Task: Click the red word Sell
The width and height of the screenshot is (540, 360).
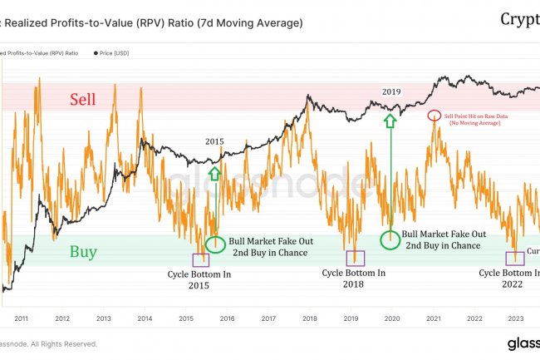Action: click(x=82, y=100)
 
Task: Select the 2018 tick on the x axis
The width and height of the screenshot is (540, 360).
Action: click(x=309, y=318)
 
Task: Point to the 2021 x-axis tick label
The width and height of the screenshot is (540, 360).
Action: click(x=432, y=318)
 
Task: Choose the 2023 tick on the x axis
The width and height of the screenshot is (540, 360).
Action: click(x=514, y=318)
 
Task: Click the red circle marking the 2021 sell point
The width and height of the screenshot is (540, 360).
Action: click(x=433, y=116)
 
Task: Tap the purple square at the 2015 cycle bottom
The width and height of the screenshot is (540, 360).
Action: click(x=200, y=259)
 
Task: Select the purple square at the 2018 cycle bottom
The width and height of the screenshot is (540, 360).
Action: click(x=355, y=258)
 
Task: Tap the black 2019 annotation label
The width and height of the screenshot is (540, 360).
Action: click(x=391, y=90)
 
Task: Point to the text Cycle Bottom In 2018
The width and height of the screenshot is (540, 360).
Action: click(x=354, y=279)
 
